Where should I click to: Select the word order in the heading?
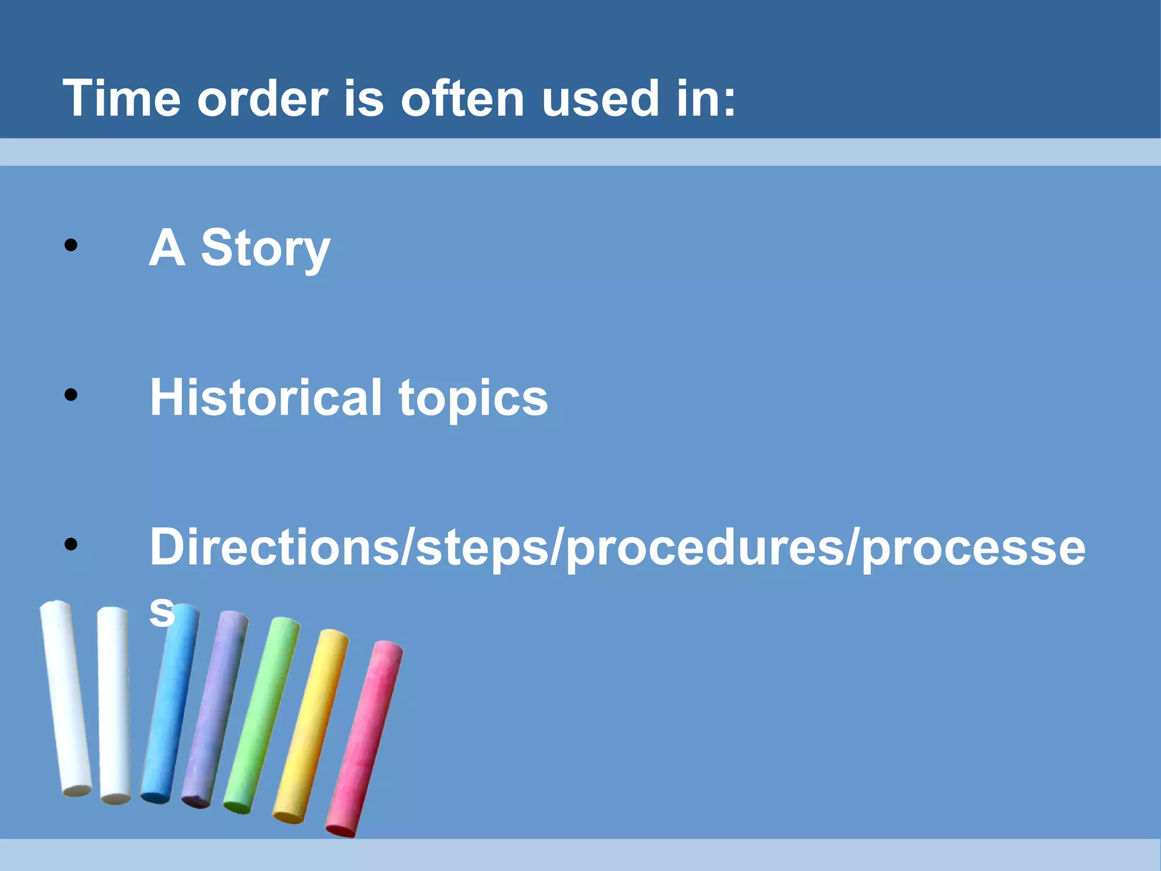pyautogui.click(x=262, y=99)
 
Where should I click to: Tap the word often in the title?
pyautogui.click(x=463, y=99)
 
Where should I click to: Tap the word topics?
pyautogui.click(x=473, y=399)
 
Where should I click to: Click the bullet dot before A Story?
pyautogui.click(x=71, y=246)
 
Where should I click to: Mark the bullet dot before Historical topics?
pyautogui.click(x=71, y=395)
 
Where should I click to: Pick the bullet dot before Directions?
pyautogui.click(x=71, y=544)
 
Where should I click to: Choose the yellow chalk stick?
pyautogui.click(x=311, y=726)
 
